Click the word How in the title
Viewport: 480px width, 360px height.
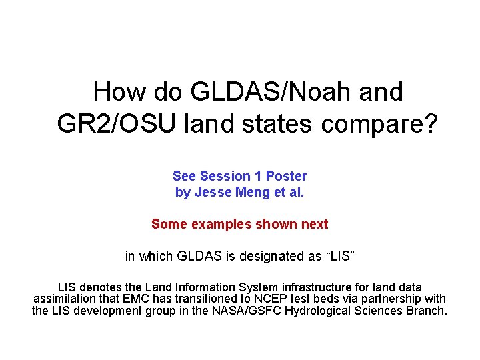[x=115, y=92]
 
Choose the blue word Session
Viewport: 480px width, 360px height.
[x=225, y=176]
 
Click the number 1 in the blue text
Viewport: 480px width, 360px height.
[x=258, y=176]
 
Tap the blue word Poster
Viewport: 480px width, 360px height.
[x=287, y=176]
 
